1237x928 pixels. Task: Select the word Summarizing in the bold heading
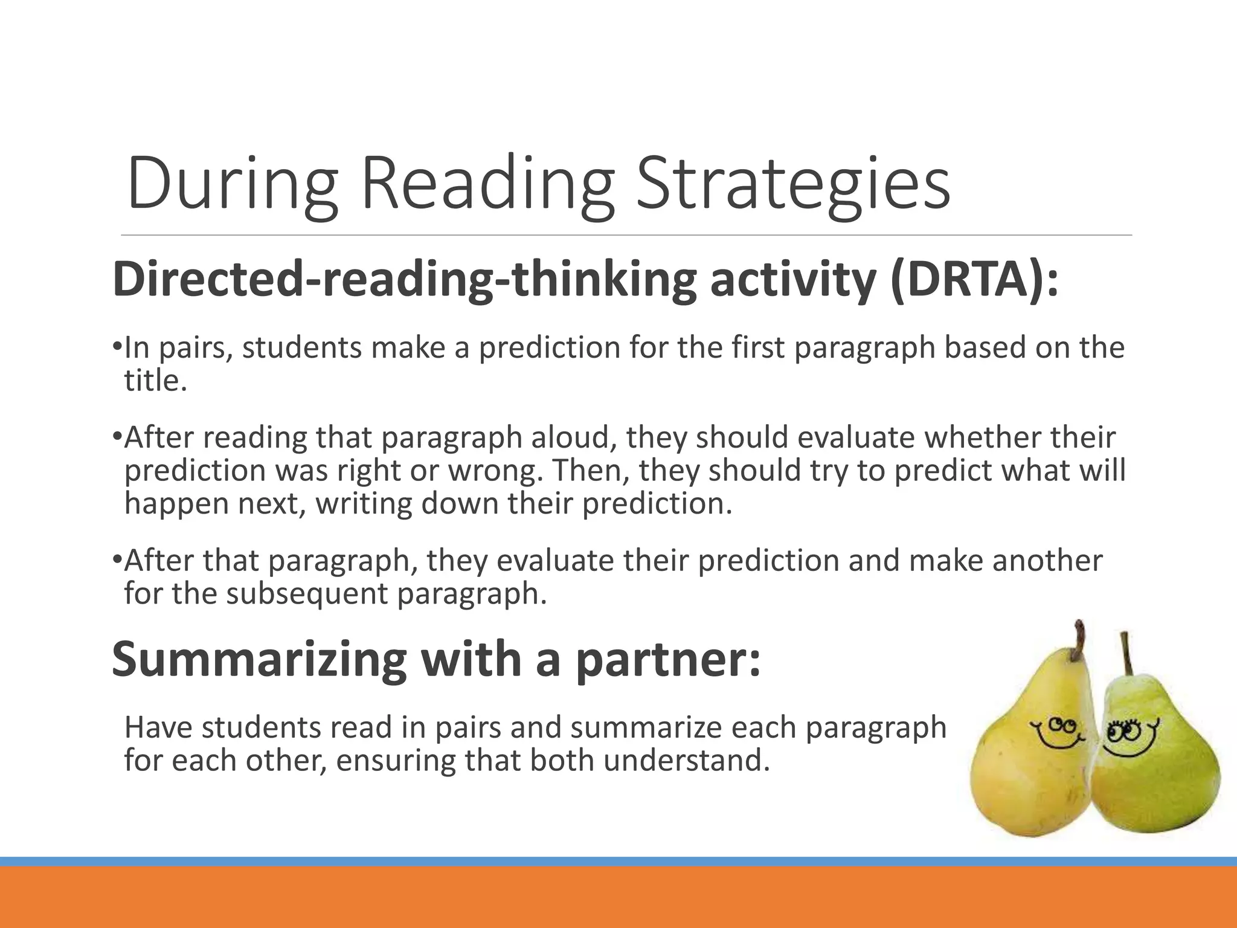pyautogui.click(x=260, y=660)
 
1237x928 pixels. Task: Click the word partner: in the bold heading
pyautogui.click(x=668, y=660)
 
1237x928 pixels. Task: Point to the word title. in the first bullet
pyautogui.click(x=156, y=381)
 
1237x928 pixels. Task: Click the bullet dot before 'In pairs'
pyautogui.click(x=117, y=347)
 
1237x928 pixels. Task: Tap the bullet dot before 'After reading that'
pyautogui.click(x=117, y=436)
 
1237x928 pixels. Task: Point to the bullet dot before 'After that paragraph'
pyautogui.click(x=117, y=559)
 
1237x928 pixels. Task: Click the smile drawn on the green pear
pyautogui.click(x=1126, y=749)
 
